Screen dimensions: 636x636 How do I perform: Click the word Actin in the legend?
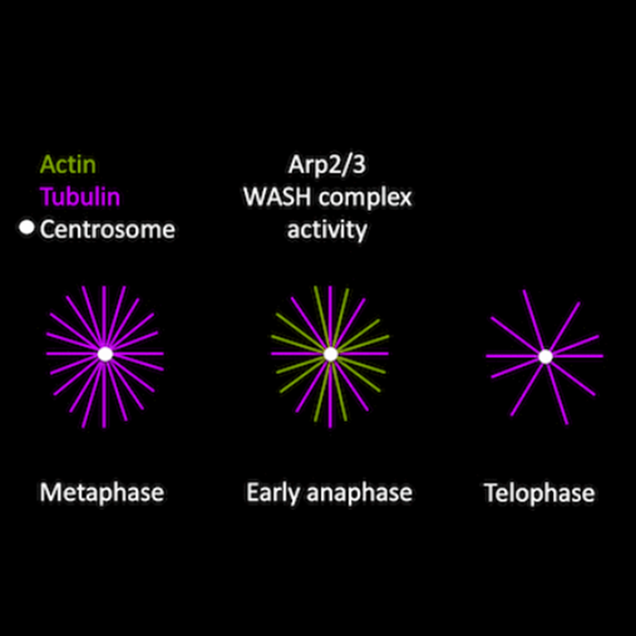tap(68, 165)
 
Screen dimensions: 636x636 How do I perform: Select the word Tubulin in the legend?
tap(79, 197)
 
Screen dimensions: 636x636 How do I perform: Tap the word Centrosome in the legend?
tap(107, 229)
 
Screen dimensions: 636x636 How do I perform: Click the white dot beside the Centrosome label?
tap(26, 228)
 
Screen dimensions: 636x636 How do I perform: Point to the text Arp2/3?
tap(326, 165)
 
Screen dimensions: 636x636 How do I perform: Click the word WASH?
tap(273, 197)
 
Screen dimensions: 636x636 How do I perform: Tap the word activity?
tap(327, 230)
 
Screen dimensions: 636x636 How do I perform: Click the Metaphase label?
tap(102, 492)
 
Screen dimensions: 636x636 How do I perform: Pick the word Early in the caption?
tap(271, 493)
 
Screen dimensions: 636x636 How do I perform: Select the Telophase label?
tap(539, 493)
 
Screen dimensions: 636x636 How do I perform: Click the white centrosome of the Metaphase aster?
tap(104, 353)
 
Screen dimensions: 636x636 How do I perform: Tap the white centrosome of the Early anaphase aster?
tap(330, 353)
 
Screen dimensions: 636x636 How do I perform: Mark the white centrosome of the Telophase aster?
tap(545, 356)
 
